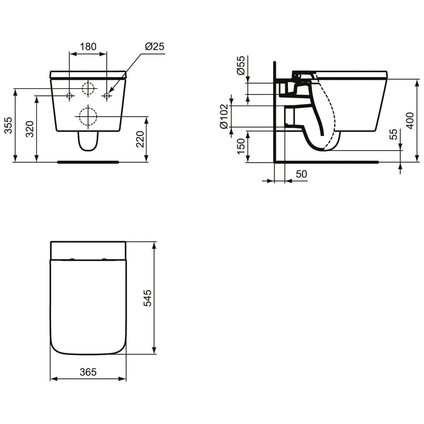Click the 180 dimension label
(x=88, y=47)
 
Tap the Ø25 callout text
(x=155, y=46)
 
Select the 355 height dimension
(x=9, y=125)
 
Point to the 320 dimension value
(x=30, y=129)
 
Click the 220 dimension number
(x=140, y=139)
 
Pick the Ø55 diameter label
(x=241, y=66)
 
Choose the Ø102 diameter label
(x=224, y=116)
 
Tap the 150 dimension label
(x=241, y=146)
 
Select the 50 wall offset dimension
(x=301, y=174)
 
